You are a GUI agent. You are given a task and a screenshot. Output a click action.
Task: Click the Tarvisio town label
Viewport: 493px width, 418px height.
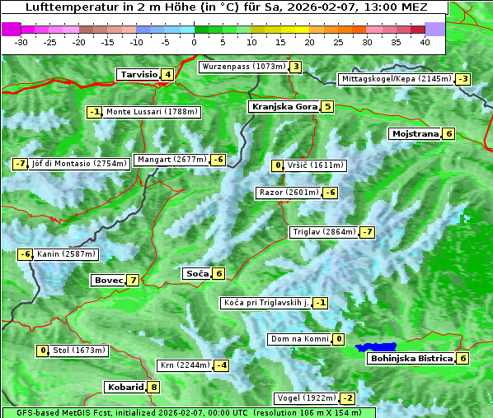(138, 75)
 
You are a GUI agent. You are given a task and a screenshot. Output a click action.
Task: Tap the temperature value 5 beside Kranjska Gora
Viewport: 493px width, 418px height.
(327, 106)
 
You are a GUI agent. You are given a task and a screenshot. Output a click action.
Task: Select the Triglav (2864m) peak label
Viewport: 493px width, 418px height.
(324, 232)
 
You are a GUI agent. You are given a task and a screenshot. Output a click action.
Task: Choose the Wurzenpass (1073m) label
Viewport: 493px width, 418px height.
(243, 67)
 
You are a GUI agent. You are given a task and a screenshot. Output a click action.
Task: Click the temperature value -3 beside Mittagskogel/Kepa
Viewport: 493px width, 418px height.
(464, 79)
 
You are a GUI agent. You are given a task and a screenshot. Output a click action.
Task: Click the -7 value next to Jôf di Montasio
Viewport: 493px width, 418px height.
(21, 164)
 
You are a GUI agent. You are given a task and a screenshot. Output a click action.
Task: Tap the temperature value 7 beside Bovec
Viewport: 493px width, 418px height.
(134, 281)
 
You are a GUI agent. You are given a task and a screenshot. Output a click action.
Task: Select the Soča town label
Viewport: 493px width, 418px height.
(196, 273)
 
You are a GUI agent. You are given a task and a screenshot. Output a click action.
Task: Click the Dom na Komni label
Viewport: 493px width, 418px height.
(300, 339)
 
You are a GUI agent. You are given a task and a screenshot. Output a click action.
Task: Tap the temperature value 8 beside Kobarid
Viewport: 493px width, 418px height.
(153, 388)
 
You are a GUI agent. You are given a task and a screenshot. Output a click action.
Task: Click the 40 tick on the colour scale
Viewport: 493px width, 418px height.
(425, 41)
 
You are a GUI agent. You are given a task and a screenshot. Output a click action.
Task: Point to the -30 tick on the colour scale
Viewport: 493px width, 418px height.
(21, 41)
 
